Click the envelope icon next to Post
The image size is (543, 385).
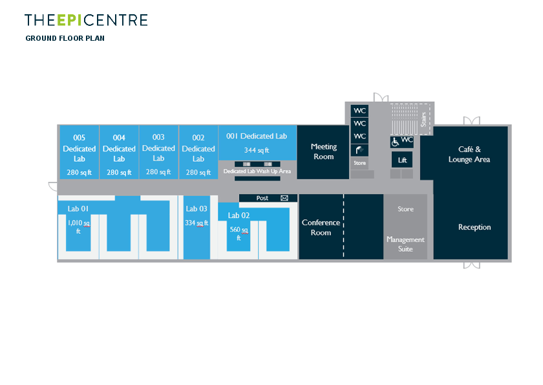point(284,198)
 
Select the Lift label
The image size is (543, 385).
point(402,159)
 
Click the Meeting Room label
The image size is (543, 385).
point(323,151)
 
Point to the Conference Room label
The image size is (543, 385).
point(321,227)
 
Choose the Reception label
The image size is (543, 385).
point(474,227)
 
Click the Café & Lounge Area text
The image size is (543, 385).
point(469,154)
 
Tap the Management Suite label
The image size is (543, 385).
point(405,243)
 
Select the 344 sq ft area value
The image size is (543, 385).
point(257,150)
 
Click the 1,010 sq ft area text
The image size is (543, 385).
point(79,226)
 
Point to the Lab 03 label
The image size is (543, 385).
point(197,208)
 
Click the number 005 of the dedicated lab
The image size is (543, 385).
point(79,137)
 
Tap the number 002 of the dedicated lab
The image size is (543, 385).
point(198,137)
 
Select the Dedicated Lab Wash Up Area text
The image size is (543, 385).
point(257,171)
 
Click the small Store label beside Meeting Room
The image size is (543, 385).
point(360,163)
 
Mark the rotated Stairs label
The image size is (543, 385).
point(423,119)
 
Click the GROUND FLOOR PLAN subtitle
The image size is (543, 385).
point(65,38)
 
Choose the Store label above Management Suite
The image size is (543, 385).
point(405,209)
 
